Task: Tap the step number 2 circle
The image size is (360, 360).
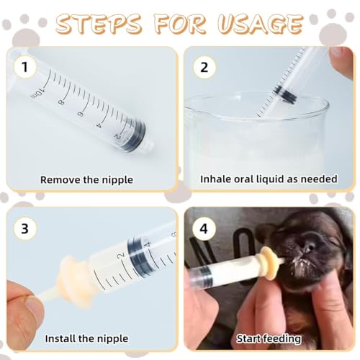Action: [203, 67]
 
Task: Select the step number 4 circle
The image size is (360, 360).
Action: [203, 228]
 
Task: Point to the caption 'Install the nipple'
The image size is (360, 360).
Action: [86, 338]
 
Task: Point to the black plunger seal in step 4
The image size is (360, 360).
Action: [203, 274]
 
